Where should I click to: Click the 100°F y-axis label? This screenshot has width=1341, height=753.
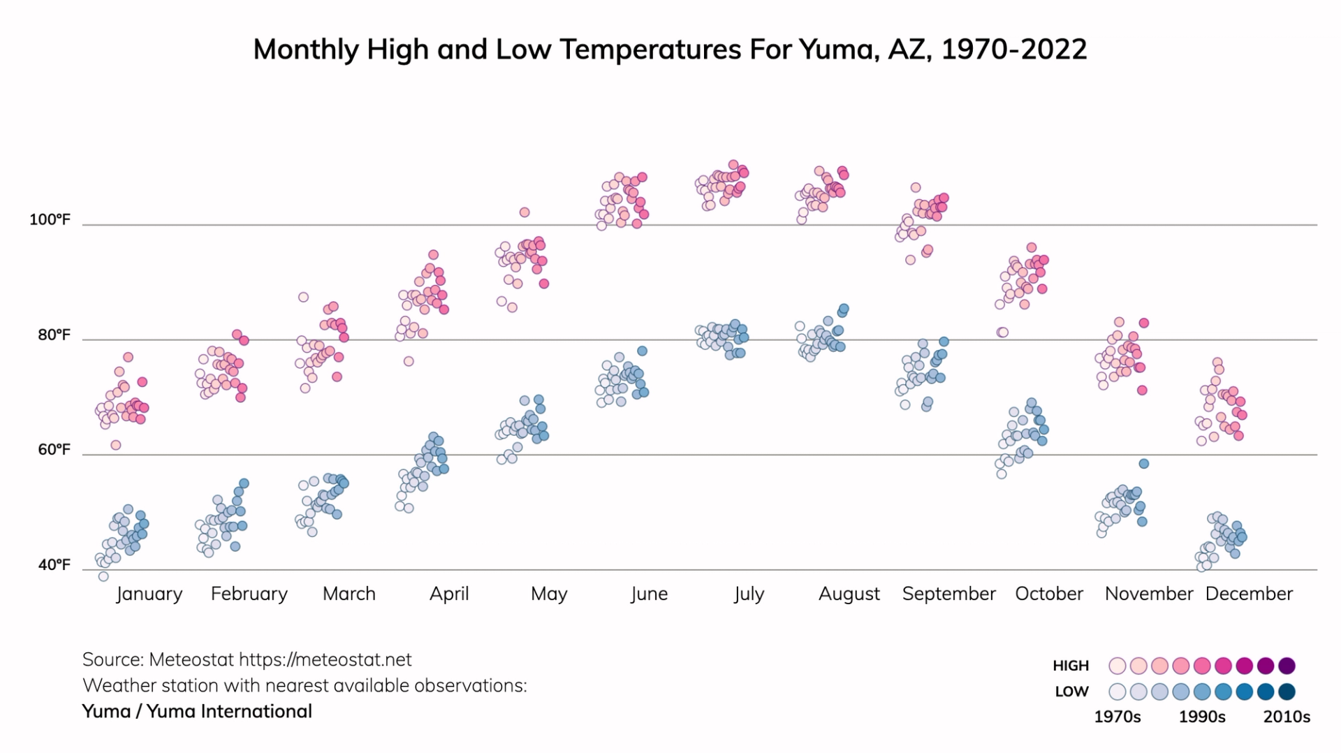pyautogui.click(x=50, y=220)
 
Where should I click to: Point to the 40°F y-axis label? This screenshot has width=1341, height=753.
pyautogui.click(x=54, y=564)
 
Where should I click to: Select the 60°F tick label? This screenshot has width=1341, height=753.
pyautogui.click(x=54, y=449)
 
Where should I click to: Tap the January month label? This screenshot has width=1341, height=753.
pyautogui.click(x=149, y=594)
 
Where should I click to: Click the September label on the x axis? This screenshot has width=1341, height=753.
pyautogui.click(x=948, y=594)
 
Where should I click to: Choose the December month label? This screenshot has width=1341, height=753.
pyautogui.click(x=1249, y=594)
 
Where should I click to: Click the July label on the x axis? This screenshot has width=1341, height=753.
pyautogui.click(x=749, y=594)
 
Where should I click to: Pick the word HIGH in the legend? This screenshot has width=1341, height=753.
pyautogui.click(x=1070, y=666)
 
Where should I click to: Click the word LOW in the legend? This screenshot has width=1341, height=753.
pyautogui.click(x=1071, y=692)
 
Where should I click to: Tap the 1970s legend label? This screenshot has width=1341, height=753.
pyautogui.click(x=1117, y=717)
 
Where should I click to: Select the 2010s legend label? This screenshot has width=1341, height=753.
pyautogui.click(x=1286, y=717)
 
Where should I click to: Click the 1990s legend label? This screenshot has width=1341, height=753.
pyautogui.click(x=1201, y=717)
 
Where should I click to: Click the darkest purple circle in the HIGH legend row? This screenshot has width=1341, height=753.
pyautogui.click(x=1287, y=666)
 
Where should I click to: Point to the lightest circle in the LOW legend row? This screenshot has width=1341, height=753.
pyautogui.click(x=1117, y=692)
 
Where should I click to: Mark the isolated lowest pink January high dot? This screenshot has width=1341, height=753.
pyautogui.click(x=116, y=445)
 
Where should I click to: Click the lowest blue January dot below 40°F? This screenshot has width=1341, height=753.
pyautogui.click(x=103, y=576)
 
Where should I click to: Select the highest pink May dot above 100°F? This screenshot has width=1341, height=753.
pyautogui.click(x=525, y=212)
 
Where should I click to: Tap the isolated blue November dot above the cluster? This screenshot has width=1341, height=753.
pyautogui.click(x=1144, y=464)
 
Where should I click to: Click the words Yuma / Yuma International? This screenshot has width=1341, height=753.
pyautogui.click(x=197, y=711)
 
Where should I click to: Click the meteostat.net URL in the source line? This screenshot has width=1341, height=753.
pyautogui.click(x=325, y=659)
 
